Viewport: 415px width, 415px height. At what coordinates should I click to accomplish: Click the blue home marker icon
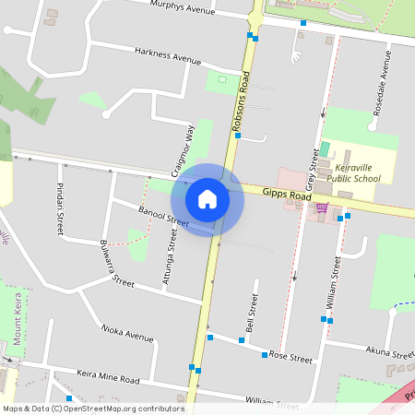point(207,199)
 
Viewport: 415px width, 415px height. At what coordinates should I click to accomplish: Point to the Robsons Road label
point(243,103)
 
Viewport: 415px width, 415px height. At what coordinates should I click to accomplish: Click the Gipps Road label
point(287,195)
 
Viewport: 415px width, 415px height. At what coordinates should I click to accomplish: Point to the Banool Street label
point(162,217)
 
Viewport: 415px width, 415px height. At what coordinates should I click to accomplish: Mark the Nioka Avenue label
point(127,332)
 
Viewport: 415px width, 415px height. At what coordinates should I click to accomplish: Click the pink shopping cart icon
point(321,208)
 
